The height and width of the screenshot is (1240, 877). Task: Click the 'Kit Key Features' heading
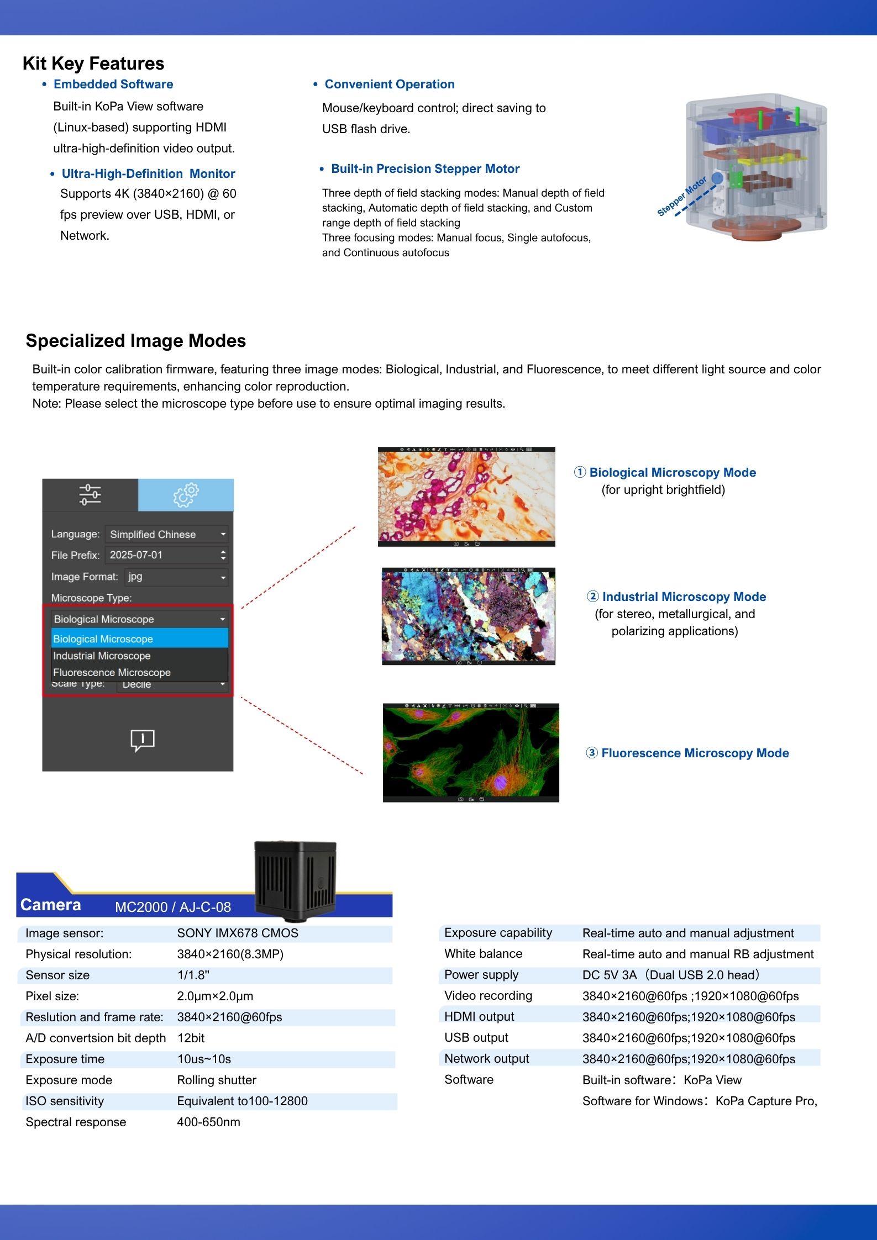click(x=93, y=64)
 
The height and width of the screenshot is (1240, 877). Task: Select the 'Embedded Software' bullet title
click(x=113, y=84)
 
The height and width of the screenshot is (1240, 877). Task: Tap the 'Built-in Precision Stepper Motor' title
click(x=425, y=168)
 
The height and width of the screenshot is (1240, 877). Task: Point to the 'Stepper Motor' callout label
click(x=681, y=196)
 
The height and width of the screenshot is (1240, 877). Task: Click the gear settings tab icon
click(x=186, y=494)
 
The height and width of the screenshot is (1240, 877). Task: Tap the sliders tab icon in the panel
click(x=90, y=494)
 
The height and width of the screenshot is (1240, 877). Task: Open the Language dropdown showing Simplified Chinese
click(x=166, y=534)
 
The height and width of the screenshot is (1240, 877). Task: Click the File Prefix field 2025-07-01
click(x=166, y=555)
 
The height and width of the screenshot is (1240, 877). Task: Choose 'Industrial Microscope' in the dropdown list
click(x=102, y=656)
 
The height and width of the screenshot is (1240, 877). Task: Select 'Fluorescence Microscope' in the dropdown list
click(x=112, y=672)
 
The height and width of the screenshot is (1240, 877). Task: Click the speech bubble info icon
click(x=142, y=740)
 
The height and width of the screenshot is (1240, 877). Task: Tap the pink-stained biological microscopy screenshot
click(x=466, y=497)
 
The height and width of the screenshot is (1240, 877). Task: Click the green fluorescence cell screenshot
click(x=471, y=752)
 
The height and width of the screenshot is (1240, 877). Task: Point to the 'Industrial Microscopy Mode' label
click(x=684, y=597)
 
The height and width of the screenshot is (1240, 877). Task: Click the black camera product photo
click(x=295, y=880)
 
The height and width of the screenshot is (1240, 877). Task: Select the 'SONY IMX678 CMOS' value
click(x=238, y=933)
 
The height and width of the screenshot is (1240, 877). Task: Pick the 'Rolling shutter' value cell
click(x=217, y=1080)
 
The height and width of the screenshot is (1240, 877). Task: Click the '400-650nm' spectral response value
click(x=208, y=1122)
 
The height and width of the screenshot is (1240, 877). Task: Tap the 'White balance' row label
click(x=483, y=953)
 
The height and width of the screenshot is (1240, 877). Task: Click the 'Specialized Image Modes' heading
click(x=135, y=341)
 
